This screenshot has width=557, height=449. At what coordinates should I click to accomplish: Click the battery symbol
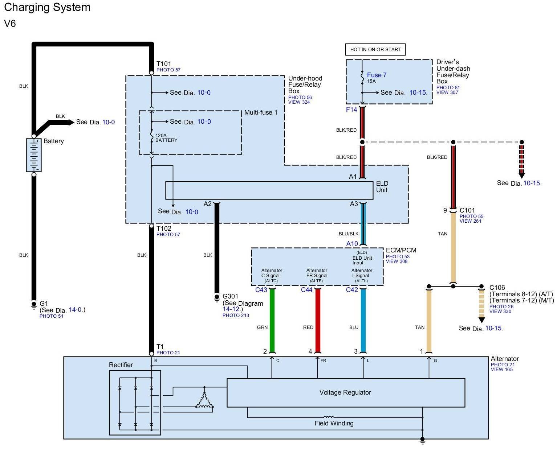pyautogui.click(x=34, y=155)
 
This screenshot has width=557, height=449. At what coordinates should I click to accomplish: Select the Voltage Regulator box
pyautogui.click(x=345, y=392)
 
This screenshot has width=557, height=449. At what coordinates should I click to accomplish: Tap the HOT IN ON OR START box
pyautogui.click(x=375, y=50)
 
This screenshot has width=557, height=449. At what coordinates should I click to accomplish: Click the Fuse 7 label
pyautogui.click(x=377, y=75)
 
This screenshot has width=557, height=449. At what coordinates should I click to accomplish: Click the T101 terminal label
pyautogui.click(x=164, y=64)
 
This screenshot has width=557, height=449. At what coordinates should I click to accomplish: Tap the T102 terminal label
pyautogui.click(x=164, y=228)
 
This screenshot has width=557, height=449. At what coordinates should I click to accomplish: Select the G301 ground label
pyautogui.click(x=230, y=296)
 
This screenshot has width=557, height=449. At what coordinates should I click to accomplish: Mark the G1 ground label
pyautogui.click(x=44, y=304)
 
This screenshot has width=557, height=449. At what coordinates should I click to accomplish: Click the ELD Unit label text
pyautogui.click(x=382, y=187)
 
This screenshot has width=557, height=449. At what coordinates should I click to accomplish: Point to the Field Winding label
pyautogui.click(x=334, y=423)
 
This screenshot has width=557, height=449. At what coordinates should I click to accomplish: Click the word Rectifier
pyautogui.click(x=121, y=365)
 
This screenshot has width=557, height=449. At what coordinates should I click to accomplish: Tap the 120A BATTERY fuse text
pyautogui.click(x=166, y=138)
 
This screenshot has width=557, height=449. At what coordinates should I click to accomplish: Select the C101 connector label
pyautogui.click(x=467, y=210)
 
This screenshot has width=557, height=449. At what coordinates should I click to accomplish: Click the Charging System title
pyautogui.click(x=47, y=7)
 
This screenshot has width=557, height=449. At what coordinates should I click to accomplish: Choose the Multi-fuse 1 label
pyautogui.click(x=261, y=112)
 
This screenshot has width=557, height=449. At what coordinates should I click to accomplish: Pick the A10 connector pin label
pyautogui.click(x=352, y=244)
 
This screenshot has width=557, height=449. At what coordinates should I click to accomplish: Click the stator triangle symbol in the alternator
pyautogui.click(x=204, y=401)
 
